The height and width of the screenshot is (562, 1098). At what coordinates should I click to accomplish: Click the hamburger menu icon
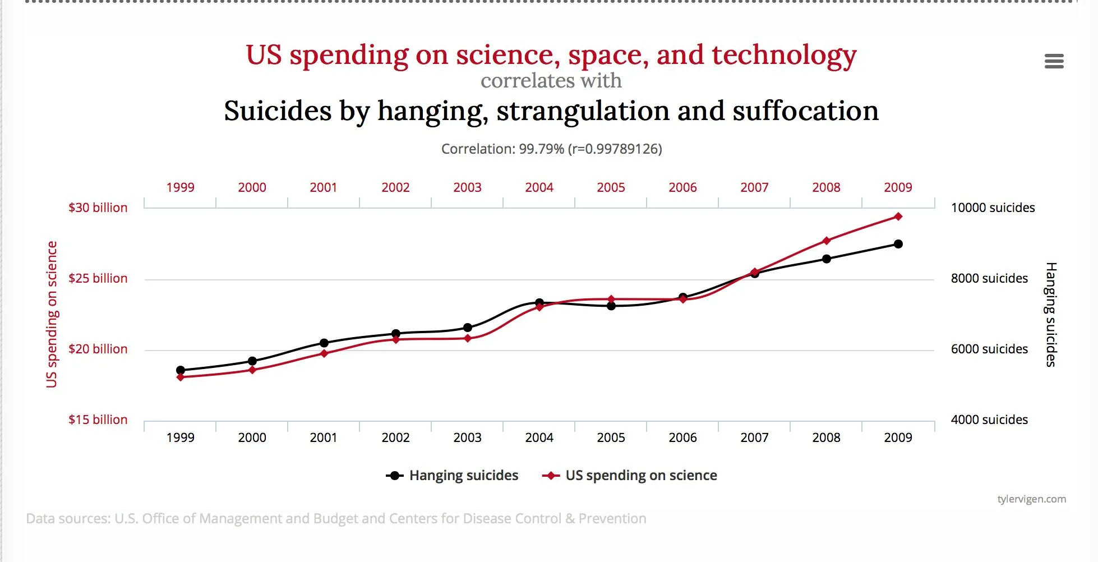[x=1054, y=61]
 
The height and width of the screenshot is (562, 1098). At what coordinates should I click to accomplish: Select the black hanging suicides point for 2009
[x=898, y=244]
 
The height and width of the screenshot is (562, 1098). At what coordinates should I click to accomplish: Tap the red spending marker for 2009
[x=898, y=216]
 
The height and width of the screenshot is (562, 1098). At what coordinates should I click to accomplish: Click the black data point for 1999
[x=181, y=370]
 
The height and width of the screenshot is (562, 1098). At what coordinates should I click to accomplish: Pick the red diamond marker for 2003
[x=468, y=338]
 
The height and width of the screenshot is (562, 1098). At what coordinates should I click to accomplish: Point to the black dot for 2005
[x=611, y=306]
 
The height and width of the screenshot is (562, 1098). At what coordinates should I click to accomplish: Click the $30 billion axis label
[x=98, y=208]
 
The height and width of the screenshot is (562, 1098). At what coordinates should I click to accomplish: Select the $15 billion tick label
[x=98, y=420]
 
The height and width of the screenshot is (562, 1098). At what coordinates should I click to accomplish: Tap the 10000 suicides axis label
[x=993, y=208]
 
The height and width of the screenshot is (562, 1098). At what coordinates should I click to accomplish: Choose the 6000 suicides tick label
[x=989, y=349]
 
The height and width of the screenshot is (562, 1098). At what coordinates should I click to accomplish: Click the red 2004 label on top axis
[x=539, y=187]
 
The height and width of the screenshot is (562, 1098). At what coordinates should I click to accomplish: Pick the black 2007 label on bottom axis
[x=754, y=437]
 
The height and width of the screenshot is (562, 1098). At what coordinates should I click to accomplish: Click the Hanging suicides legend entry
[x=452, y=476]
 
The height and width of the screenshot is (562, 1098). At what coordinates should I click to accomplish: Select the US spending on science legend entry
[x=630, y=476]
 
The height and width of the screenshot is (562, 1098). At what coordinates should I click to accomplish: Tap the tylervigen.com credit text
[x=1031, y=499]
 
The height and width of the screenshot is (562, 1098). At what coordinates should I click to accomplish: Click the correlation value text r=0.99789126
[x=615, y=149]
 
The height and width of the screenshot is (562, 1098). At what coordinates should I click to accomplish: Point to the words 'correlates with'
[x=551, y=81]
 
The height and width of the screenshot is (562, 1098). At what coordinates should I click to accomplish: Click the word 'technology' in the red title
[x=784, y=56]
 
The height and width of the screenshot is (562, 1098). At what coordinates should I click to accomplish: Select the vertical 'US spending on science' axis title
[x=52, y=314]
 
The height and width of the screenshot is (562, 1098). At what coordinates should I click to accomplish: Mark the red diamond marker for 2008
[x=826, y=241]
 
